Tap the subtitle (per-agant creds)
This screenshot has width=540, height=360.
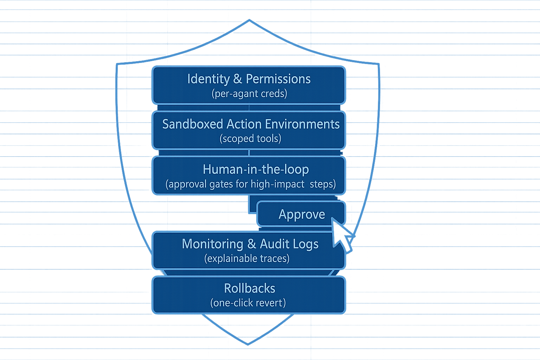(x=249, y=94)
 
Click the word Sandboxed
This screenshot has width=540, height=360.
(x=192, y=124)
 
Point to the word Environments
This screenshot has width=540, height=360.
(x=302, y=124)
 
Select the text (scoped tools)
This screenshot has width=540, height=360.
(x=250, y=139)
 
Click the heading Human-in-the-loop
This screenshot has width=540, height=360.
(x=256, y=170)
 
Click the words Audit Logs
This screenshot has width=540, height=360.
(x=289, y=244)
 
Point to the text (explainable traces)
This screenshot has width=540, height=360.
(x=247, y=259)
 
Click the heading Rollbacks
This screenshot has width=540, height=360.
(x=249, y=289)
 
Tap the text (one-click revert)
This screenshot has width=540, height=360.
(x=248, y=303)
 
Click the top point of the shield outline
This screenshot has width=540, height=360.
(x=249, y=20)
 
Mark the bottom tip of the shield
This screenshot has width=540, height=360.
(x=248, y=344)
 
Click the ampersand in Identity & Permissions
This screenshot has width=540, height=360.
(x=238, y=79)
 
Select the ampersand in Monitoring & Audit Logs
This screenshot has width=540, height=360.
(x=251, y=244)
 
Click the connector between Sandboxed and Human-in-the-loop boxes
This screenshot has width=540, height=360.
(x=249, y=153)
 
